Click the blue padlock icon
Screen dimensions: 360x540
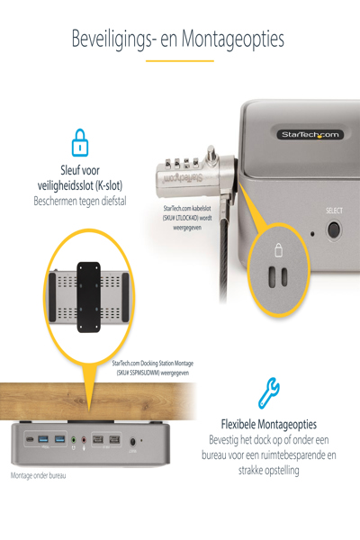pyautogui.click(x=80, y=142)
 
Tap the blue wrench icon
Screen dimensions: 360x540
pyautogui.click(x=269, y=393)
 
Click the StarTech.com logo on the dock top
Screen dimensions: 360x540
pyautogui.click(x=310, y=134)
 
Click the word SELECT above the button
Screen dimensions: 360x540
pyautogui.click(x=334, y=211)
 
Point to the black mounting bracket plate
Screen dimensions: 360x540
pyautogui.click(x=88, y=297)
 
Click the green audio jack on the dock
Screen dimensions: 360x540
pyautogui.click(x=74, y=440)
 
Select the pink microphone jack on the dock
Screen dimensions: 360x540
pyautogui.click(x=84, y=440)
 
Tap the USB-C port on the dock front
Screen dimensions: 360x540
pyautogui.click(x=30, y=439)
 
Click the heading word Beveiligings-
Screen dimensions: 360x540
pyautogui.click(x=112, y=39)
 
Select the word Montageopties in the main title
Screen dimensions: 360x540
pyautogui.click(x=233, y=39)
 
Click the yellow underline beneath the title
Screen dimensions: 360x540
pyautogui.click(x=180, y=61)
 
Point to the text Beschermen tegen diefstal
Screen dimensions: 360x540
pyautogui.click(x=80, y=201)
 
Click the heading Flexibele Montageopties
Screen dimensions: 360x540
pyautogui.click(x=269, y=424)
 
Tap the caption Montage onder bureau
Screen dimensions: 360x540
pyautogui.click(x=38, y=475)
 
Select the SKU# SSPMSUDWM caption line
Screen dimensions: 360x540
pyautogui.click(x=153, y=373)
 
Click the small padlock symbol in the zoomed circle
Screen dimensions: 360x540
pyautogui.click(x=279, y=250)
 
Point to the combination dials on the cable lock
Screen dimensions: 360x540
pyautogui.click(x=182, y=163)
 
